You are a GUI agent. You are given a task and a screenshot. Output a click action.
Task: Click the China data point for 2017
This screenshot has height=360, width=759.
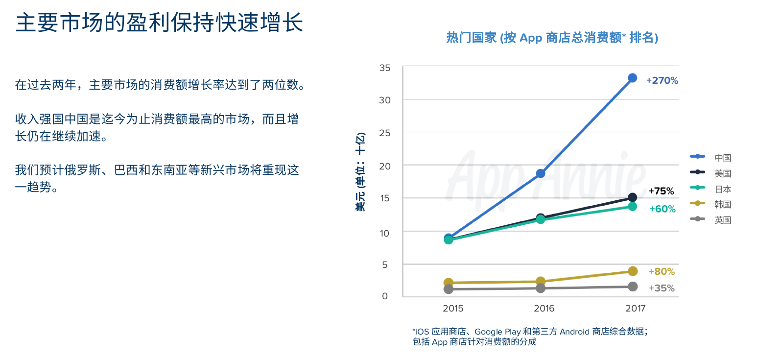(632, 78)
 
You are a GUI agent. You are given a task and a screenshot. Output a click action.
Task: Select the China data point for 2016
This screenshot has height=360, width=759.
(541, 173)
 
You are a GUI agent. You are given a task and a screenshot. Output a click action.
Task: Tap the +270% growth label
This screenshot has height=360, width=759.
(662, 81)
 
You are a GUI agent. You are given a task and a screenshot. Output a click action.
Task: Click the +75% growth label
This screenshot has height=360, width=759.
(661, 191)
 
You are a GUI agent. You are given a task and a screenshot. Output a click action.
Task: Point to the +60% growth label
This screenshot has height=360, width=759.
(662, 209)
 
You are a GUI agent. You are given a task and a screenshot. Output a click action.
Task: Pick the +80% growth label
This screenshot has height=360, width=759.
(662, 271)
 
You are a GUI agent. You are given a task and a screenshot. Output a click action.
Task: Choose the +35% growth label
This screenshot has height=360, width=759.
(662, 288)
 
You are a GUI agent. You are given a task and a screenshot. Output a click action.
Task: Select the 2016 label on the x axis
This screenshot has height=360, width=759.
(544, 309)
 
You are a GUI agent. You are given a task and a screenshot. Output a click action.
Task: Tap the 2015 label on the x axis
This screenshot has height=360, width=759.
(453, 309)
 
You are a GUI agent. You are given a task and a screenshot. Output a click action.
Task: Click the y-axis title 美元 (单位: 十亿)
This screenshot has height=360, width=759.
(360, 172)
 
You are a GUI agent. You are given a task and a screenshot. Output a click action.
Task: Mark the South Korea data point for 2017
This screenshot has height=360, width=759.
(632, 271)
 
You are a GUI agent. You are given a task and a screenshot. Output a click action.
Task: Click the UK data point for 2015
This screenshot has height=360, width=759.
(448, 289)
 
